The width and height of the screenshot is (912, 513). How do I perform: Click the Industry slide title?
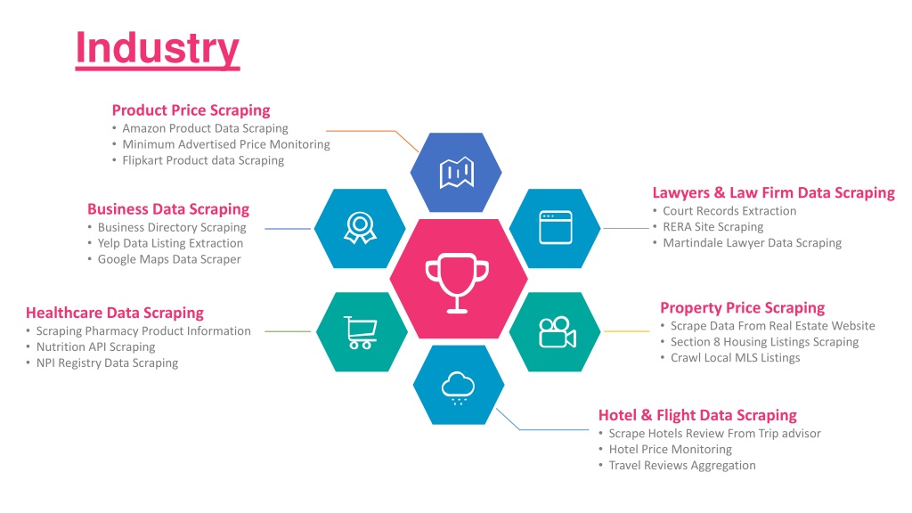[x=158, y=49]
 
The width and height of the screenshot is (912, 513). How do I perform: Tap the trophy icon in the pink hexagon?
[x=457, y=283]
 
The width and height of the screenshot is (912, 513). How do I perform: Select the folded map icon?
[x=457, y=173]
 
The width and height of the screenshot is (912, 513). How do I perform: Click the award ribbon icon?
[x=360, y=227]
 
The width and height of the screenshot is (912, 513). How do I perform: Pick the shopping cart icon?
[x=361, y=332]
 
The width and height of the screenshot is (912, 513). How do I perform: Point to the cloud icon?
[x=459, y=387]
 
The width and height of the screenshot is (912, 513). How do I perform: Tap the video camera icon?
[x=558, y=333]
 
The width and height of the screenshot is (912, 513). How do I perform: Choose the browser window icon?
[x=556, y=227]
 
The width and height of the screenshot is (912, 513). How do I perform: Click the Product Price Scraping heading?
[x=191, y=110]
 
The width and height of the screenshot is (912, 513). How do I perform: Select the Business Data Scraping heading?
[x=168, y=209]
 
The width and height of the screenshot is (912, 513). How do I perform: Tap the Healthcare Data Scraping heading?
[x=115, y=313]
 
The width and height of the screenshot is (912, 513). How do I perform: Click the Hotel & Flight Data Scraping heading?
[x=697, y=415]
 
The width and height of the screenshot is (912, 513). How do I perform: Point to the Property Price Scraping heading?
[x=742, y=307]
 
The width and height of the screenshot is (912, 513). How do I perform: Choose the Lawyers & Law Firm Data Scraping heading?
[x=774, y=193]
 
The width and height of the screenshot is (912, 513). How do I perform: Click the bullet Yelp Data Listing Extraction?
[x=170, y=243]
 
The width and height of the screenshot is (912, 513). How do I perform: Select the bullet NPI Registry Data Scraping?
[x=107, y=363]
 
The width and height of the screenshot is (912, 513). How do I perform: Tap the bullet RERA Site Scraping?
[x=713, y=227]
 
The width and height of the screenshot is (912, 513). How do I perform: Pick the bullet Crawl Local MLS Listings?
[x=735, y=358]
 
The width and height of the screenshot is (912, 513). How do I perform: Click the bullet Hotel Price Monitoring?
[x=670, y=449]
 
